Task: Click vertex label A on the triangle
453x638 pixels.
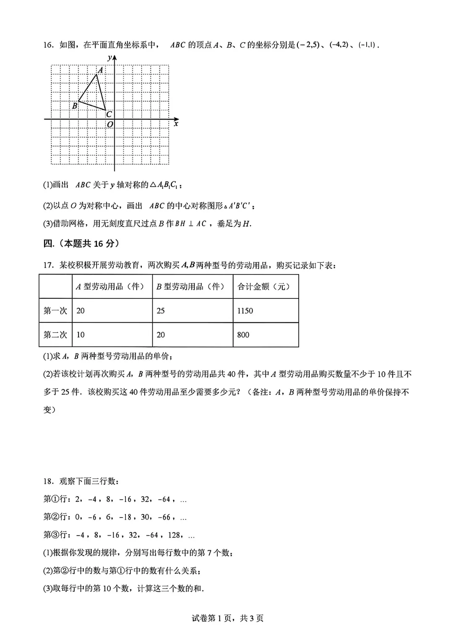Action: [x=101, y=70]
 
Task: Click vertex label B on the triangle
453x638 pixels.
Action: [x=75, y=106]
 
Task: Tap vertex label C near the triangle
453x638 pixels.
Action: [x=109, y=114]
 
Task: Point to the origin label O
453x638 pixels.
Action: [x=110, y=125]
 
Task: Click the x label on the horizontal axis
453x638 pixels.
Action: [x=176, y=123]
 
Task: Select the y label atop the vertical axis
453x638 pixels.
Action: [x=109, y=58]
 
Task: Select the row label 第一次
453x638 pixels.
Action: [x=55, y=311]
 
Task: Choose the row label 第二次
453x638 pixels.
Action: [x=55, y=335]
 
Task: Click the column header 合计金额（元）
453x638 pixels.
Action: [x=264, y=287]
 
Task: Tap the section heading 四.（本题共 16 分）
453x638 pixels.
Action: [x=81, y=243]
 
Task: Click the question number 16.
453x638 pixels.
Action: [x=49, y=45]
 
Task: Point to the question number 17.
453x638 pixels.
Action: [x=49, y=265]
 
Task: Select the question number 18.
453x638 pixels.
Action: [x=49, y=481]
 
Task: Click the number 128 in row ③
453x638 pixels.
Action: [x=174, y=535]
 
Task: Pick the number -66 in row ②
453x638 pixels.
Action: [x=164, y=517]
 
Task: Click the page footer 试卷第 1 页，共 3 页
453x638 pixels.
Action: [x=227, y=618]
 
